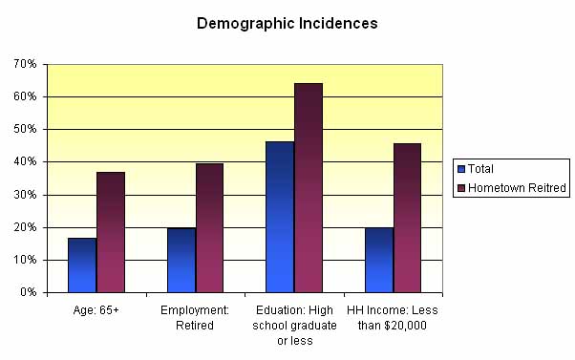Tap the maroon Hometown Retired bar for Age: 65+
pyautogui.click(x=111, y=232)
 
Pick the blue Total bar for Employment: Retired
pyautogui.click(x=181, y=260)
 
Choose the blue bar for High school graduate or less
pyautogui.click(x=280, y=217)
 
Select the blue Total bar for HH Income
pyautogui.click(x=379, y=260)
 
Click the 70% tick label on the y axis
pyautogui.click(x=25, y=64)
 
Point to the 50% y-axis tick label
pyautogui.click(x=25, y=129)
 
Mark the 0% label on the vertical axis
pyautogui.click(x=28, y=292)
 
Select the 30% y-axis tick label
pyautogui.click(x=25, y=195)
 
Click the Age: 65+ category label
pyautogui.click(x=96, y=310)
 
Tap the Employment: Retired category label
pyautogui.click(x=195, y=317)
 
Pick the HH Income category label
pyautogui.click(x=393, y=317)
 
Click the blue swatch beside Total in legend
pyautogui.click(x=461, y=169)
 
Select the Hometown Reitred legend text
pyautogui.click(x=519, y=188)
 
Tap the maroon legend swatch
pyautogui.click(x=461, y=188)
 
